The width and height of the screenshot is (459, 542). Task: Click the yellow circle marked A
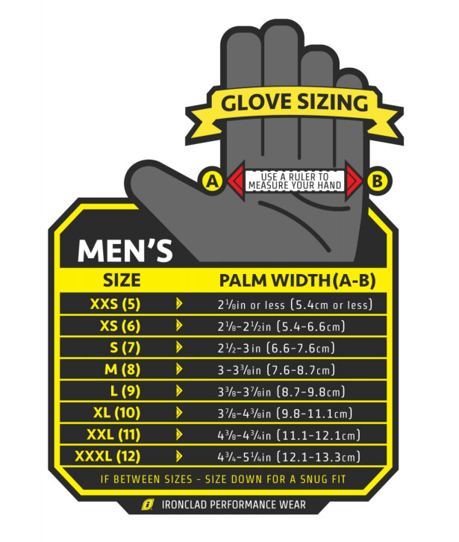click(x=213, y=180)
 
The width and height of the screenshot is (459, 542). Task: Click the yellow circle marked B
click(x=378, y=180)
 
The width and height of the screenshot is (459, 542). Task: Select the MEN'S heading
click(x=125, y=249)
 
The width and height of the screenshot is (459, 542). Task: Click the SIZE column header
click(x=121, y=281)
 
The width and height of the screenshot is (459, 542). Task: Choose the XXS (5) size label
click(x=115, y=304)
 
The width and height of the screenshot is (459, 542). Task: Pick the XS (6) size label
click(x=119, y=326)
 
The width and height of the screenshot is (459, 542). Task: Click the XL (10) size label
click(x=117, y=413)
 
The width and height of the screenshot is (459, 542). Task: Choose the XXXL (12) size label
click(x=109, y=456)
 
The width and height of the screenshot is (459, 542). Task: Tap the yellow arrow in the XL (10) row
click(x=178, y=413)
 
